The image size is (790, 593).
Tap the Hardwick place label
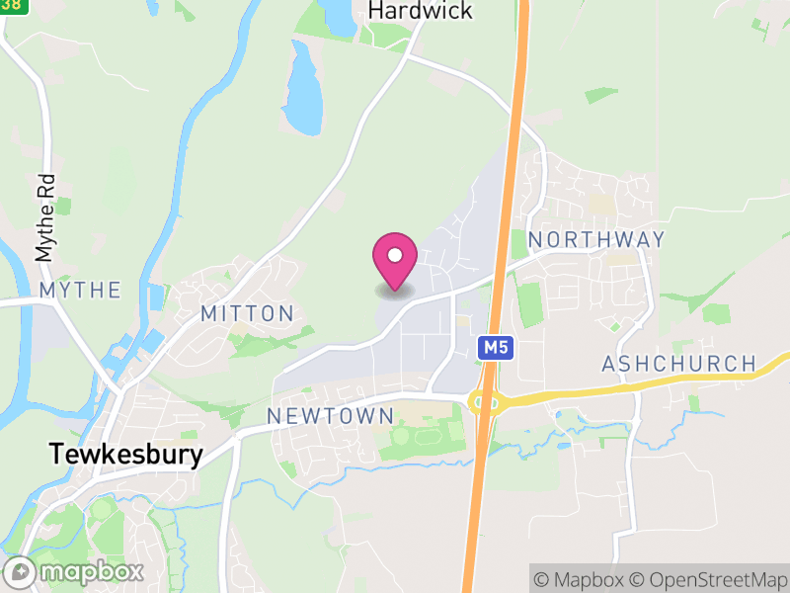pos(421,11)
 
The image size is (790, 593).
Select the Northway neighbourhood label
pos(596,240)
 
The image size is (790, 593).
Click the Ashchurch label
pos(679,364)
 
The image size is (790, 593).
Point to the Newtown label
pos(331,416)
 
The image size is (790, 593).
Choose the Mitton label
pos(247,313)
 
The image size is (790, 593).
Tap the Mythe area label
pos(80,291)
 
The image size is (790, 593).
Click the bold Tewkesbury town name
pos(126,455)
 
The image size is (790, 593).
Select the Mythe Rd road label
pos(45,218)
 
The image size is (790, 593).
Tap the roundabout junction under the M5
pos(483,401)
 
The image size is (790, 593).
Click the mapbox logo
pos(75,571)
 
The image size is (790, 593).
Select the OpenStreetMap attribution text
pos(708,578)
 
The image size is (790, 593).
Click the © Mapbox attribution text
pos(579,578)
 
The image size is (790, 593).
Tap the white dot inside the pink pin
pos(395,256)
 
